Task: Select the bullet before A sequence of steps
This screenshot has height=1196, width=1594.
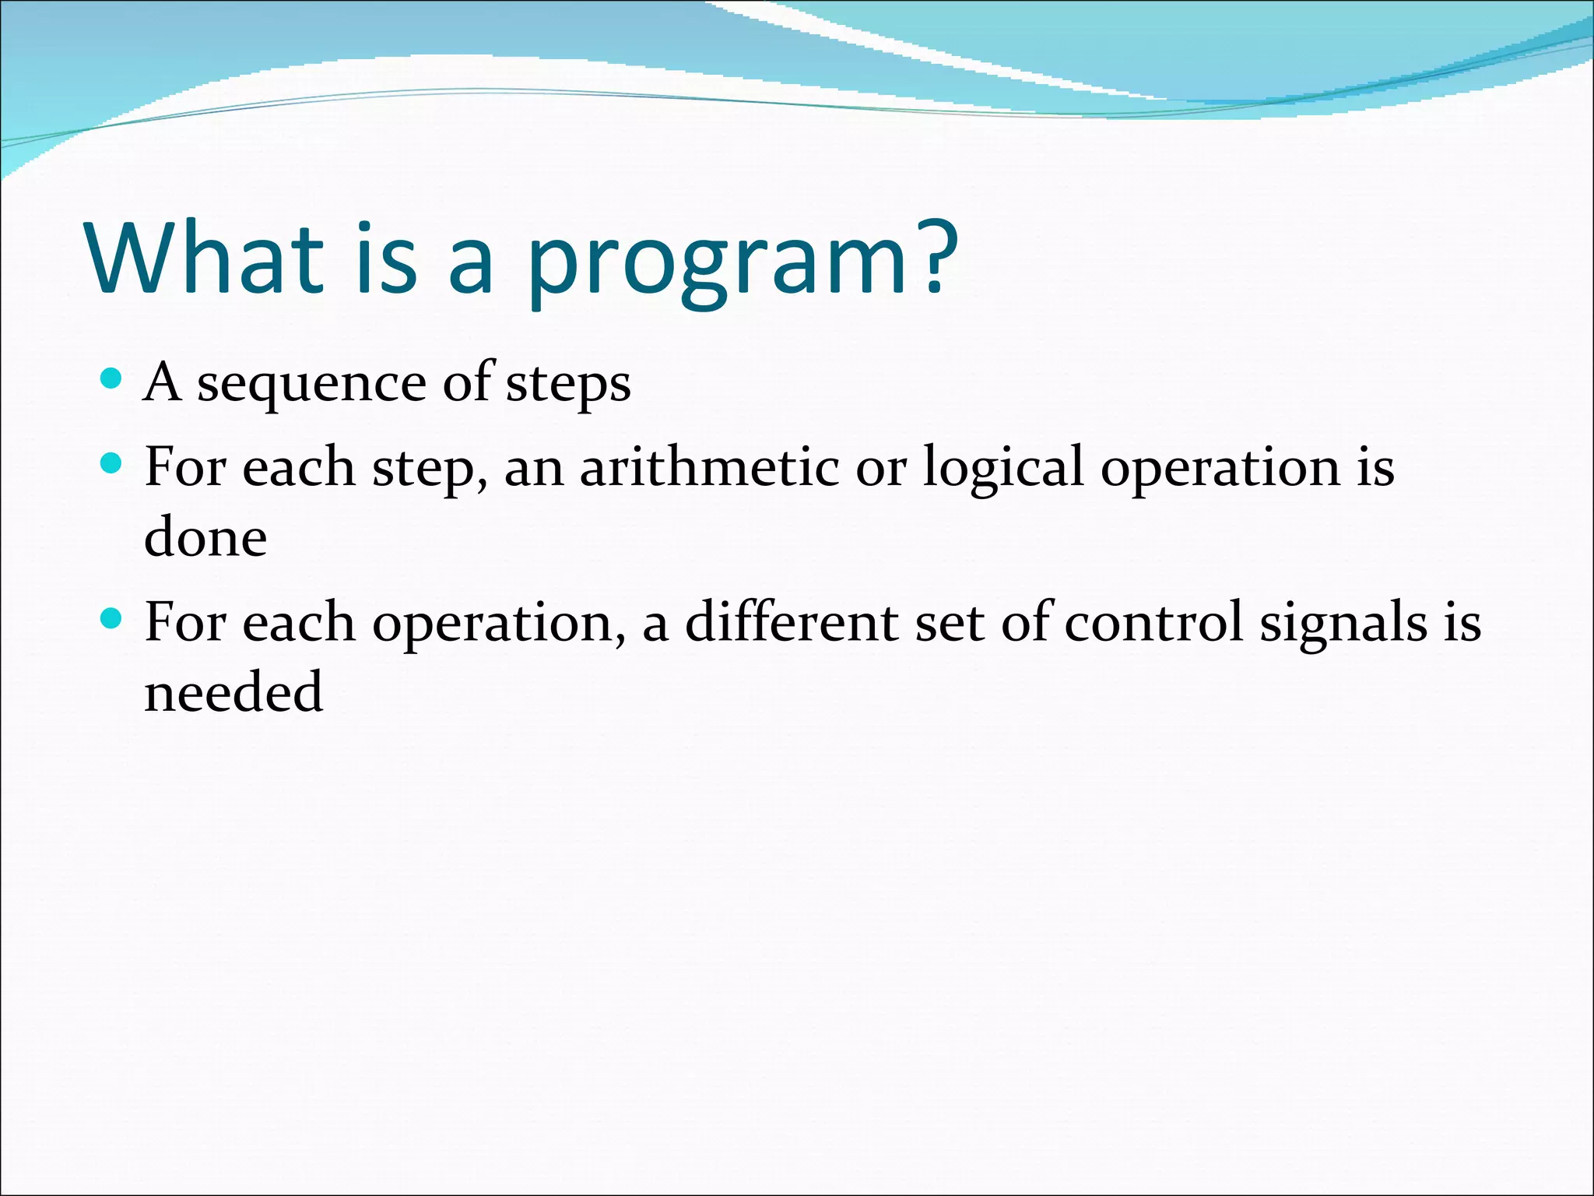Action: click(112, 379)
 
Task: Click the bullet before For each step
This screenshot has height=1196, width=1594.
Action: click(112, 464)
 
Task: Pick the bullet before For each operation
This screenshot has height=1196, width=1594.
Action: click(112, 619)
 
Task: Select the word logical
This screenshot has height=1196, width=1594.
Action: click(1002, 470)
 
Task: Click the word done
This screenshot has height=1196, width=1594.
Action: click(205, 537)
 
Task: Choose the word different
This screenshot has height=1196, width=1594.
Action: click(791, 622)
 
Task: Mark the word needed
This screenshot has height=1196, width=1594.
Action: click(233, 691)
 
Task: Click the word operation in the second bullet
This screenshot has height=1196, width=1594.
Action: click(1220, 470)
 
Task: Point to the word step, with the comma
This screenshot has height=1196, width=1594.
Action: click(430, 470)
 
